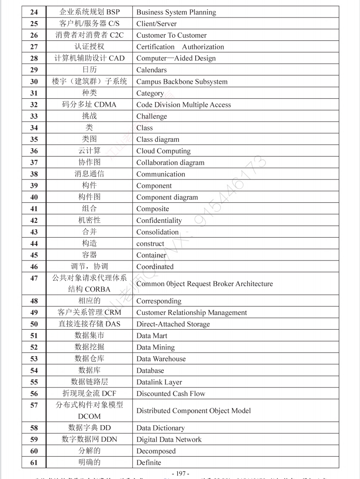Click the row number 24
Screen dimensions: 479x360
tap(34, 12)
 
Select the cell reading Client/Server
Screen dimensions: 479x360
tap(156, 24)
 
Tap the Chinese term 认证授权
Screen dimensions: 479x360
tap(89, 47)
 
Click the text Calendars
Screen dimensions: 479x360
tap(151, 70)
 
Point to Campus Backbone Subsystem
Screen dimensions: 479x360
tap(182, 82)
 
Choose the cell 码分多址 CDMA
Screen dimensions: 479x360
tap(89, 105)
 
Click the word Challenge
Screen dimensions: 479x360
tap(151, 116)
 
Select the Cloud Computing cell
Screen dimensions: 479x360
tap(163, 151)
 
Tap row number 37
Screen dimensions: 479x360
tap(34, 162)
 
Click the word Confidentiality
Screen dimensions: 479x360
tap(159, 220)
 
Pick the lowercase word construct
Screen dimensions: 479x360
tap(150, 244)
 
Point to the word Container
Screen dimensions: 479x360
tap(151, 255)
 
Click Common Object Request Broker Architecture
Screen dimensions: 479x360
tap(204, 284)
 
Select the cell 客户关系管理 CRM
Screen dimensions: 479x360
tap(89, 313)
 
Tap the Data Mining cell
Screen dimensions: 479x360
tap(155, 347)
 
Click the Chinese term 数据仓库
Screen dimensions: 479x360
tap(89, 359)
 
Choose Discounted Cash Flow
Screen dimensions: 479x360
tap(171, 394)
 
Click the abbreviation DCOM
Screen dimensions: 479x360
tap(89, 416)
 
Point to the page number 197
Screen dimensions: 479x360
tap(180, 474)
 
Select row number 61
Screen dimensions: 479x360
tap(34, 462)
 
